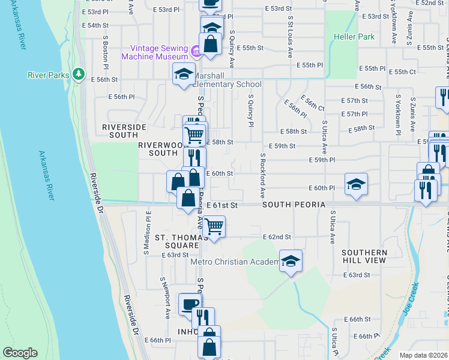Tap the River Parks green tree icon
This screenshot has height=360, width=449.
[x=77, y=74]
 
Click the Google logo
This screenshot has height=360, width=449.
[x=20, y=353]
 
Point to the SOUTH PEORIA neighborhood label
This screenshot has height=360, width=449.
[x=294, y=205]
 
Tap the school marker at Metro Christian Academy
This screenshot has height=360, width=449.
[x=291, y=261]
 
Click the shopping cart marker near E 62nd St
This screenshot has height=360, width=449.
[x=214, y=227]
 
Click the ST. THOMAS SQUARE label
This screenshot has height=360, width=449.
[x=177, y=241]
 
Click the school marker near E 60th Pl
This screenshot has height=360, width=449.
[x=356, y=184]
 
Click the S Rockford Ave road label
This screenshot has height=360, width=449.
[x=263, y=176]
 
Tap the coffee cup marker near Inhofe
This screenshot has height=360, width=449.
[x=190, y=303]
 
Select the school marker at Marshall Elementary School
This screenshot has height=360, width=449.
[x=184, y=74]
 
